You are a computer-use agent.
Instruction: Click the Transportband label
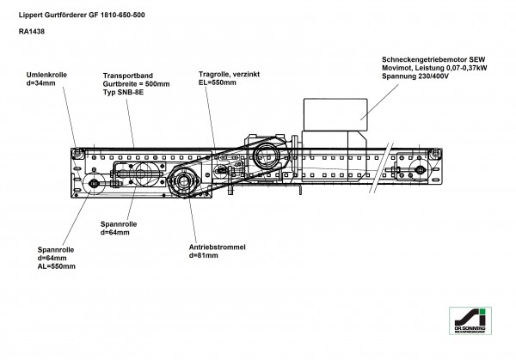[131, 76]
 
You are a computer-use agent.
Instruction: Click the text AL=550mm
[57, 266]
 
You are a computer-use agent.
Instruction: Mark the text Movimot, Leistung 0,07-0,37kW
[439, 69]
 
